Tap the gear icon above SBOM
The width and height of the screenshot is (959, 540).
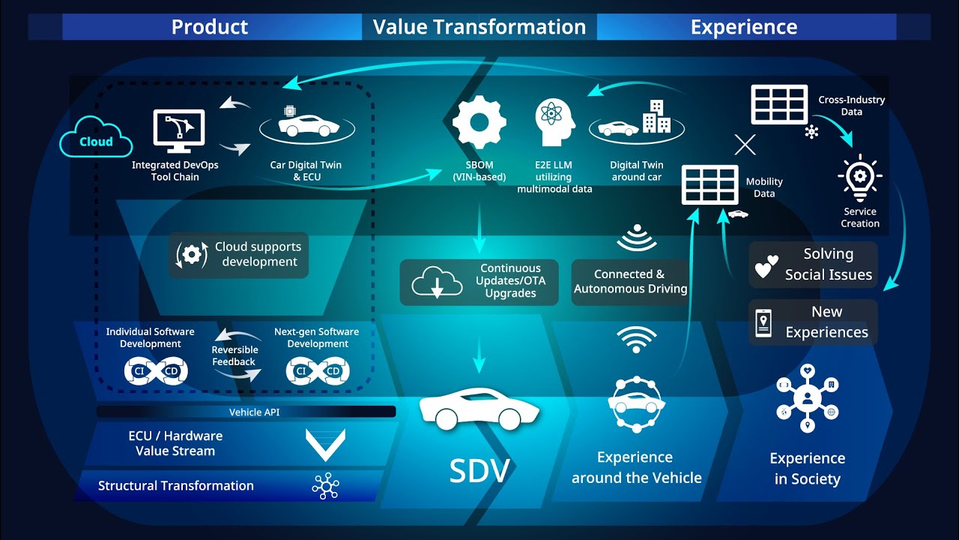click(x=479, y=121)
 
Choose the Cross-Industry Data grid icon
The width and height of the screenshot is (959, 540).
click(x=779, y=104)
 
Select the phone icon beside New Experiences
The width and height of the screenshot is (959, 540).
click(x=763, y=322)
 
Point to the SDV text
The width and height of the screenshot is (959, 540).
click(x=479, y=470)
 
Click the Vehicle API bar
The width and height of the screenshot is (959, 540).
click(x=246, y=412)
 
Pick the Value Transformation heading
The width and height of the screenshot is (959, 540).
click(x=479, y=27)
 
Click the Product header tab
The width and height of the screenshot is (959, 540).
click(x=210, y=27)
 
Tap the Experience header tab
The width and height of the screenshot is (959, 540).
click(x=744, y=27)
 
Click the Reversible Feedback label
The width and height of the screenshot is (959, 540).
click(x=235, y=355)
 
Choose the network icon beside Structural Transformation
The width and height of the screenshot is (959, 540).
click(x=326, y=486)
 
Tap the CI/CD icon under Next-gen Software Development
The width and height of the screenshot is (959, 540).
click(x=318, y=370)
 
